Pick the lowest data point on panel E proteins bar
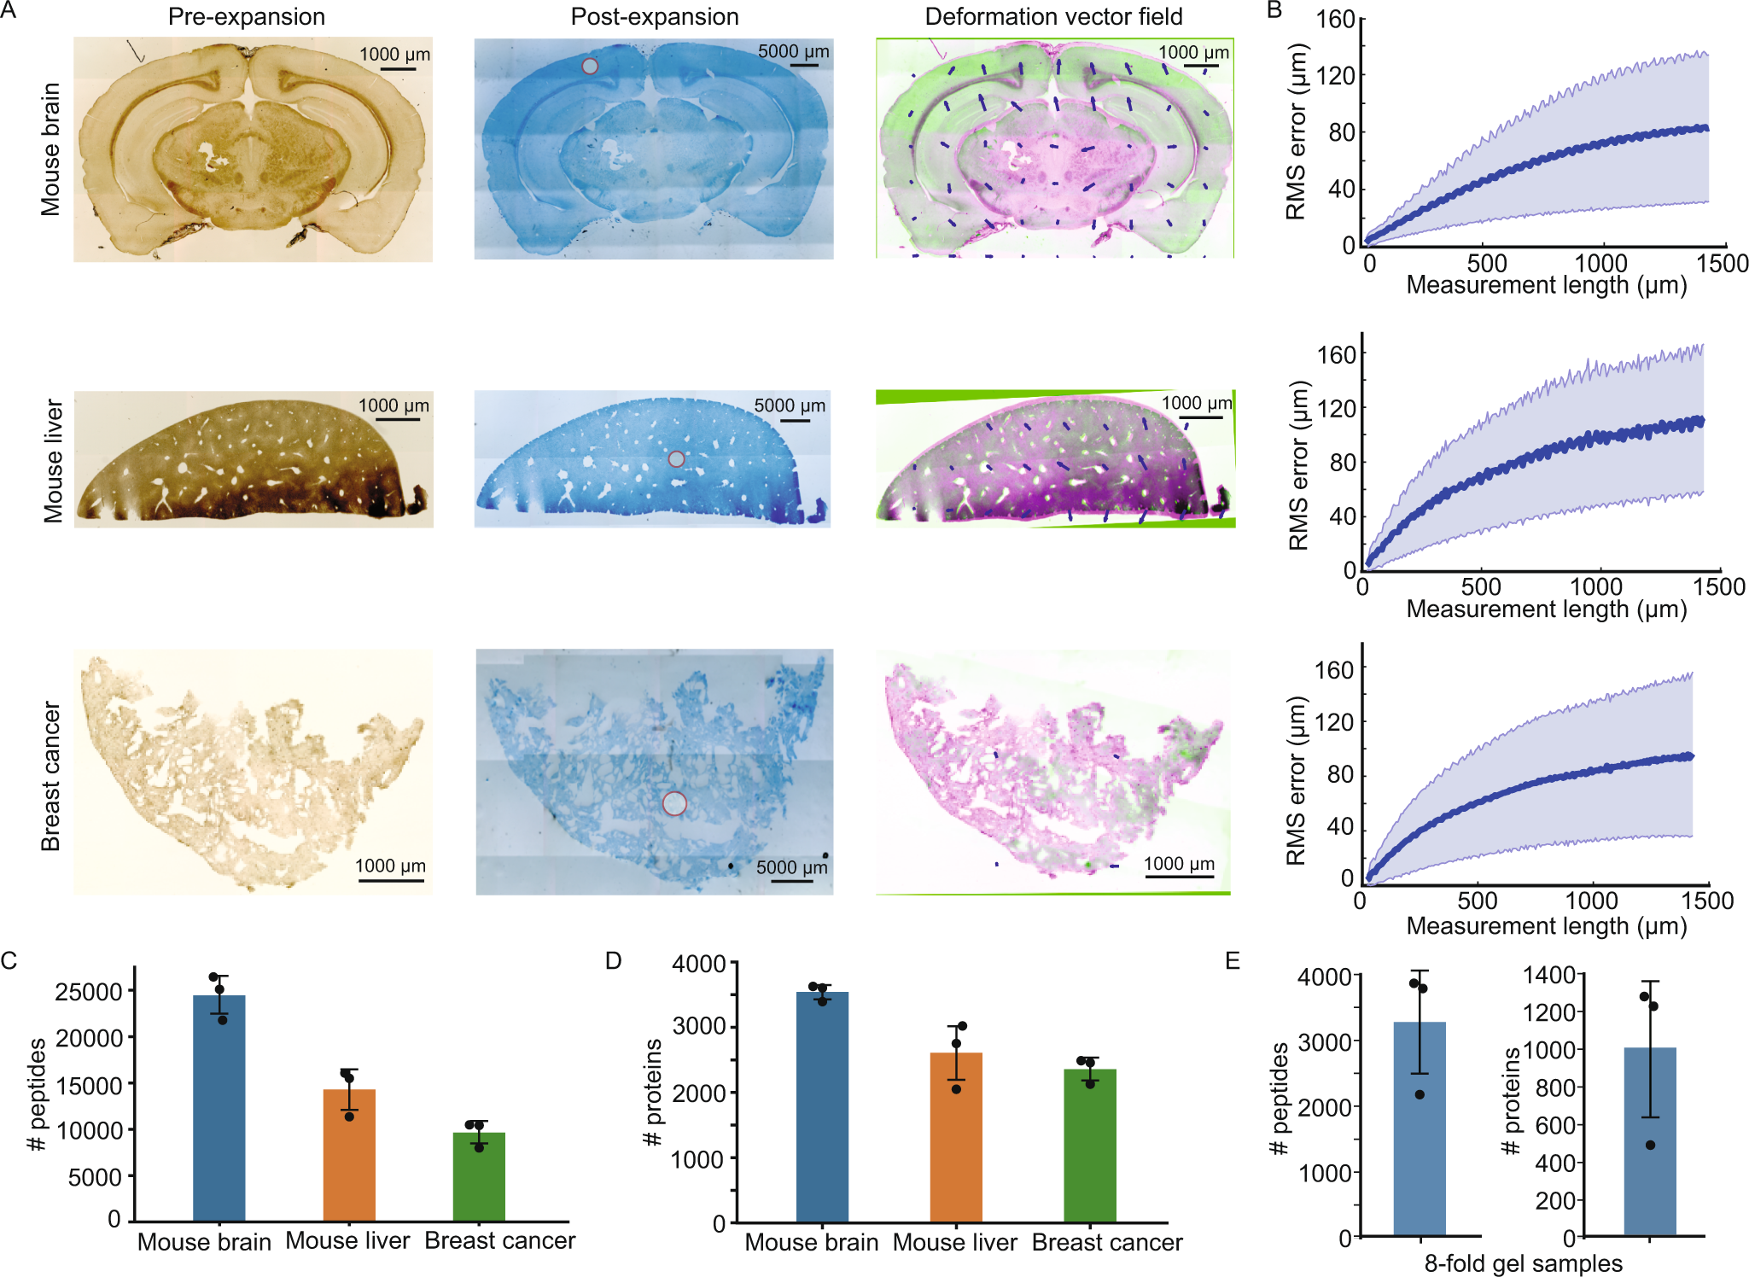1650,1145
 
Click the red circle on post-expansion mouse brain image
590,66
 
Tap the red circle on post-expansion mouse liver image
676,459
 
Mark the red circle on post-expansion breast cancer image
674,803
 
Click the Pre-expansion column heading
246,16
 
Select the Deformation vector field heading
1053,16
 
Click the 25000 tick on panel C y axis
89,992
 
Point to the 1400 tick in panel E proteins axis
1548,974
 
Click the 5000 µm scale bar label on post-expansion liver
790,405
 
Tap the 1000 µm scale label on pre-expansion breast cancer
390,866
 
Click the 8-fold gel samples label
1523,1263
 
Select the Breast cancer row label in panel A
50,776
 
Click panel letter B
1274,10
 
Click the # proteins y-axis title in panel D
653,1093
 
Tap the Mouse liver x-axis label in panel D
954,1242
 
